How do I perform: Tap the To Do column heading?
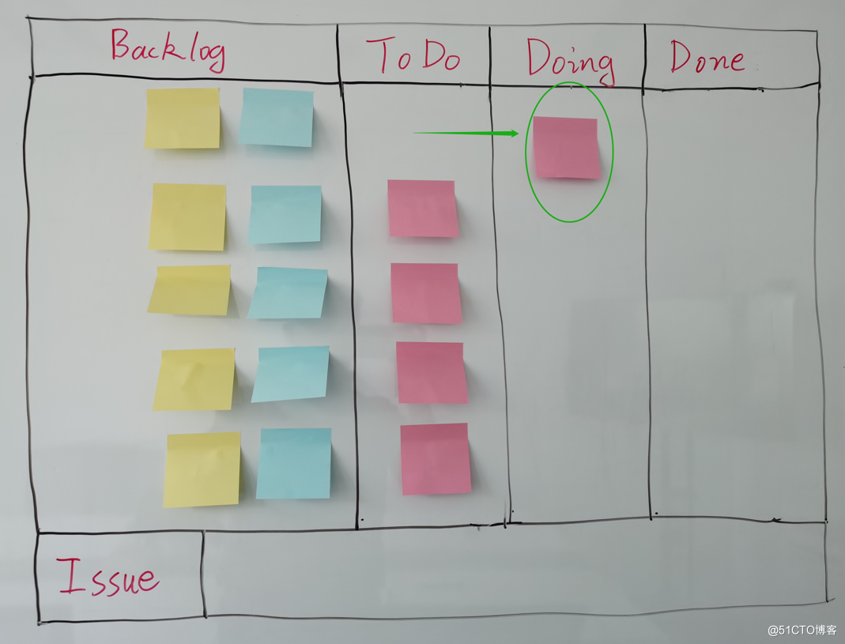point(413,55)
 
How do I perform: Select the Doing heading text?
point(570,60)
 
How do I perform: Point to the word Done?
point(707,58)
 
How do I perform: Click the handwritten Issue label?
point(108,576)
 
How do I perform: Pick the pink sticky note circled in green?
point(566,148)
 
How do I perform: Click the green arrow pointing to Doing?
point(466,134)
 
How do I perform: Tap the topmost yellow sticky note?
point(183,119)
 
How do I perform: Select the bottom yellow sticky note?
point(202,469)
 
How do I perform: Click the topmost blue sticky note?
point(277,117)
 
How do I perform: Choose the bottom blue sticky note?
point(293,464)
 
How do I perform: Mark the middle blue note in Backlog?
point(288,292)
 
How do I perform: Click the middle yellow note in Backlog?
point(191,290)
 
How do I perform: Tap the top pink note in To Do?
point(422,209)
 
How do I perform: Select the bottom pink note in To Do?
point(435,459)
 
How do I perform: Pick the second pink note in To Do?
point(426,293)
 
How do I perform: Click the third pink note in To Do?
point(432,373)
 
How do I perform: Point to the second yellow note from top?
point(187,217)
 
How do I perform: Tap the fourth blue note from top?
point(291,374)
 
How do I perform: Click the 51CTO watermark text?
point(802,630)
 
